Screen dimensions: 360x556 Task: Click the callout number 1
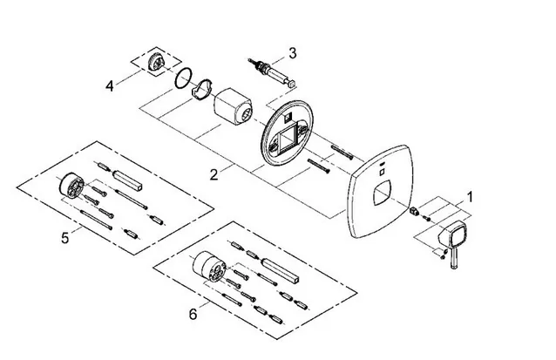click(470, 198)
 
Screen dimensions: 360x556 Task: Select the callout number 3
click(293, 53)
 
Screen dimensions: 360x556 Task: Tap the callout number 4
click(110, 85)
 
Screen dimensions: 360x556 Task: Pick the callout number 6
click(193, 312)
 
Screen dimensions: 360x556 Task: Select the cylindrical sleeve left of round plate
click(234, 107)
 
